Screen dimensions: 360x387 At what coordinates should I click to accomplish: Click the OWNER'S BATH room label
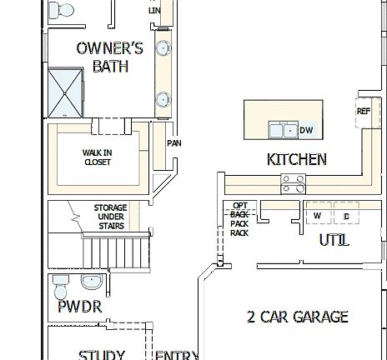pyautogui.click(x=109, y=57)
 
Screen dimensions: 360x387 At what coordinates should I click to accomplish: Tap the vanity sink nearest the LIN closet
pyautogui.click(x=163, y=47)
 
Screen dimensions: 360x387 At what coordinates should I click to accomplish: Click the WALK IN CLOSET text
pyautogui.click(x=97, y=157)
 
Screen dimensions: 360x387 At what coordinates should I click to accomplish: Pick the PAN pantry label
pyautogui.click(x=173, y=143)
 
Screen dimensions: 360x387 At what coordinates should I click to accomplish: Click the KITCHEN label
pyautogui.click(x=296, y=159)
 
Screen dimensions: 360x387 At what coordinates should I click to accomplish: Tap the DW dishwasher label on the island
pyautogui.click(x=306, y=130)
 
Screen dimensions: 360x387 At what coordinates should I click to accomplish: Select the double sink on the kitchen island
pyautogui.click(x=282, y=130)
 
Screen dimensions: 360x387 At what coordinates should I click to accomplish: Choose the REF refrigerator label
pyautogui.click(x=364, y=111)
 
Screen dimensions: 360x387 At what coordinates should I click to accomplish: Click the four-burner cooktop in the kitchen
pyautogui.click(x=292, y=183)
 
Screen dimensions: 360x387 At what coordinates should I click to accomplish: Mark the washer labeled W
pyautogui.click(x=317, y=216)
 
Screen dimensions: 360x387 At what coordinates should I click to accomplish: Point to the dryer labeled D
pyautogui.click(x=345, y=216)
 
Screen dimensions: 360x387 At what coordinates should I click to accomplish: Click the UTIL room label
pyautogui.click(x=334, y=240)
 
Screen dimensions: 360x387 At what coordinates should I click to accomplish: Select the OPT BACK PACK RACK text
pyautogui.click(x=240, y=218)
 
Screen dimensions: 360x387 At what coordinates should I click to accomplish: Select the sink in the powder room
pyautogui.click(x=93, y=281)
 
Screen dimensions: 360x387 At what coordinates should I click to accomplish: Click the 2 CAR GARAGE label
pyautogui.click(x=297, y=317)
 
